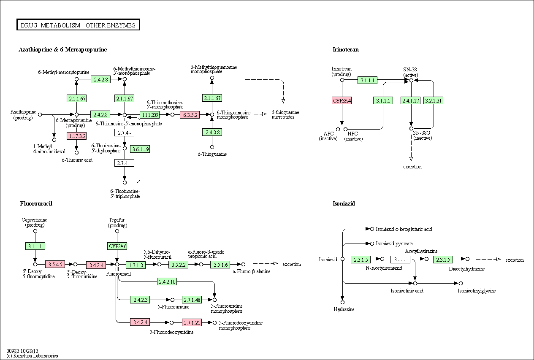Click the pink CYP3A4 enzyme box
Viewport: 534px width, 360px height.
342,100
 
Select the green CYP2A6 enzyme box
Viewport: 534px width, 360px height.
117,246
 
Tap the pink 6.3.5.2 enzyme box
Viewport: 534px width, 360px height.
190,115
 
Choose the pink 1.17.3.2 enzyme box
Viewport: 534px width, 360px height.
76,136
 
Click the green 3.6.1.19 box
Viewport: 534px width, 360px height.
140,149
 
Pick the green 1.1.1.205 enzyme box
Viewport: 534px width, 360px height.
149,115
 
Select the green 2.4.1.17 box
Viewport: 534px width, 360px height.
411,100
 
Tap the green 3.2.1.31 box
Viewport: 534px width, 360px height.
433,100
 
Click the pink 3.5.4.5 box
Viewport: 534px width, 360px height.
55,264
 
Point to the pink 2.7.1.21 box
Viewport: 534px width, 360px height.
192,322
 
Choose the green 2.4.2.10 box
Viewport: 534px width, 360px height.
167,282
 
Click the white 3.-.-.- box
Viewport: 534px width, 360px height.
400,259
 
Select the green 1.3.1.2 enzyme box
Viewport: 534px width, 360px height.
136,265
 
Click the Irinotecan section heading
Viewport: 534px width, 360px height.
346,49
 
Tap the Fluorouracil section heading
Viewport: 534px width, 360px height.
36,203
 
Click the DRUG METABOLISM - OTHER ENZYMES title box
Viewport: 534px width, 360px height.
78,24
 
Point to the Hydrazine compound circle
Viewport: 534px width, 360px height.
343,302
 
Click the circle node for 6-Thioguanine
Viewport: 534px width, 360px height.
212,147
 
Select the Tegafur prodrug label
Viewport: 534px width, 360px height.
117,222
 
